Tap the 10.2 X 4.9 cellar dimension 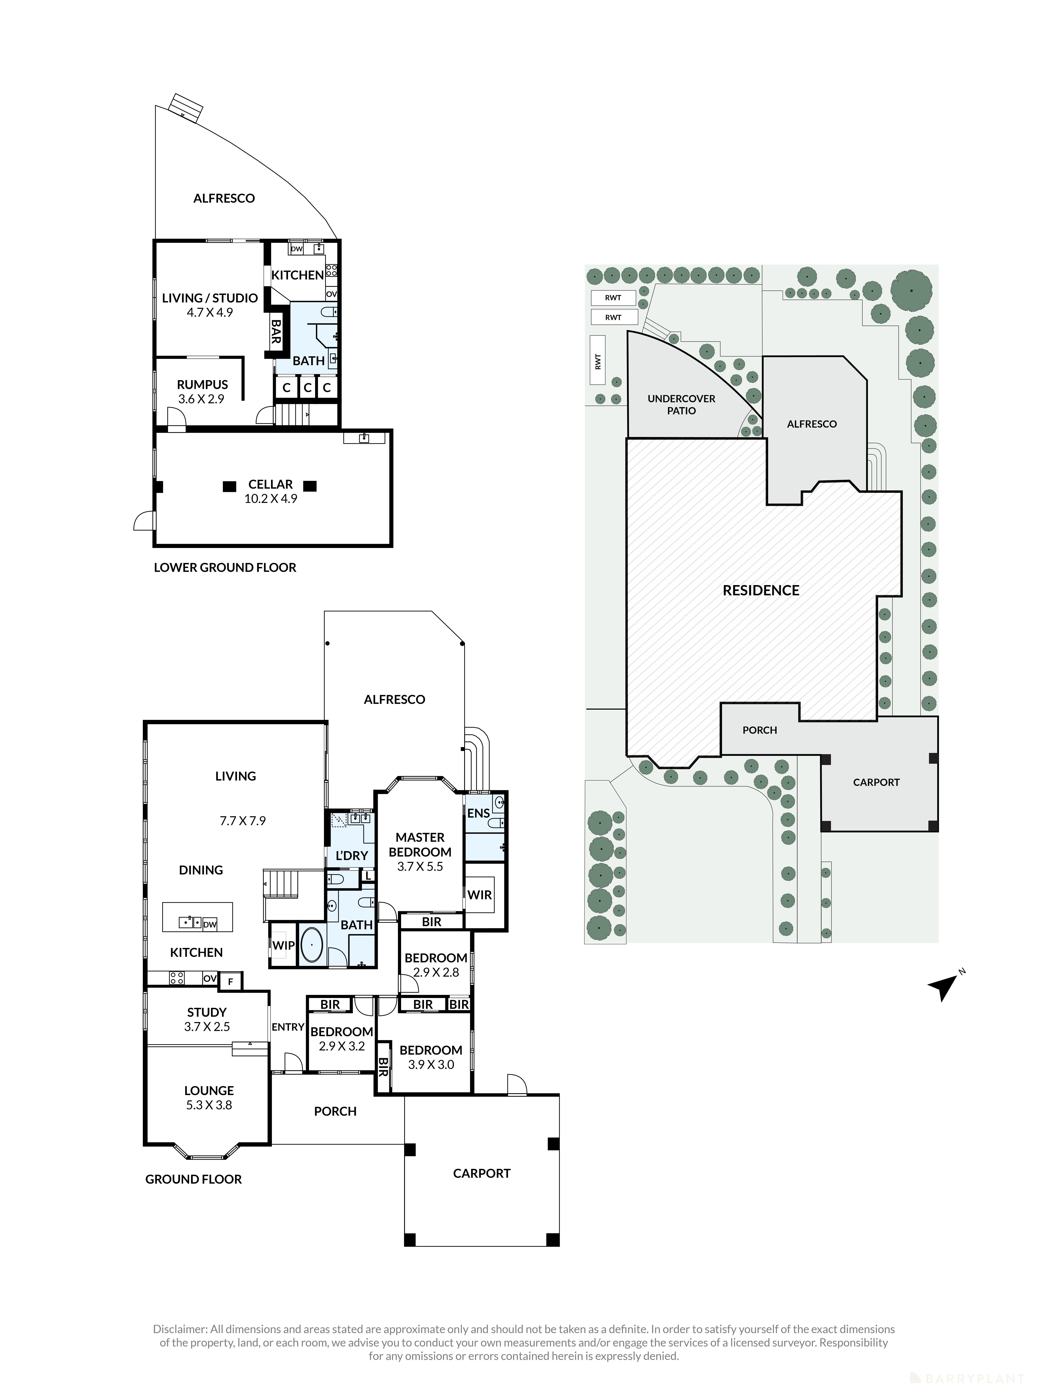[x=270, y=499]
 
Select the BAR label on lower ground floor [x=275, y=331]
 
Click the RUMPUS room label [x=202, y=384]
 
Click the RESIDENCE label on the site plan [x=761, y=590]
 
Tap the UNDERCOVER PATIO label [x=681, y=404]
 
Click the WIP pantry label [x=283, y=945]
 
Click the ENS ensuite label [x=478, y=813]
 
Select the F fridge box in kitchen [x=231, y=981]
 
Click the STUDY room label [x=207, y=1012]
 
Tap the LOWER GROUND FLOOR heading [x=225, y=567]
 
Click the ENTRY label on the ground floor [x=288, y=1027]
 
